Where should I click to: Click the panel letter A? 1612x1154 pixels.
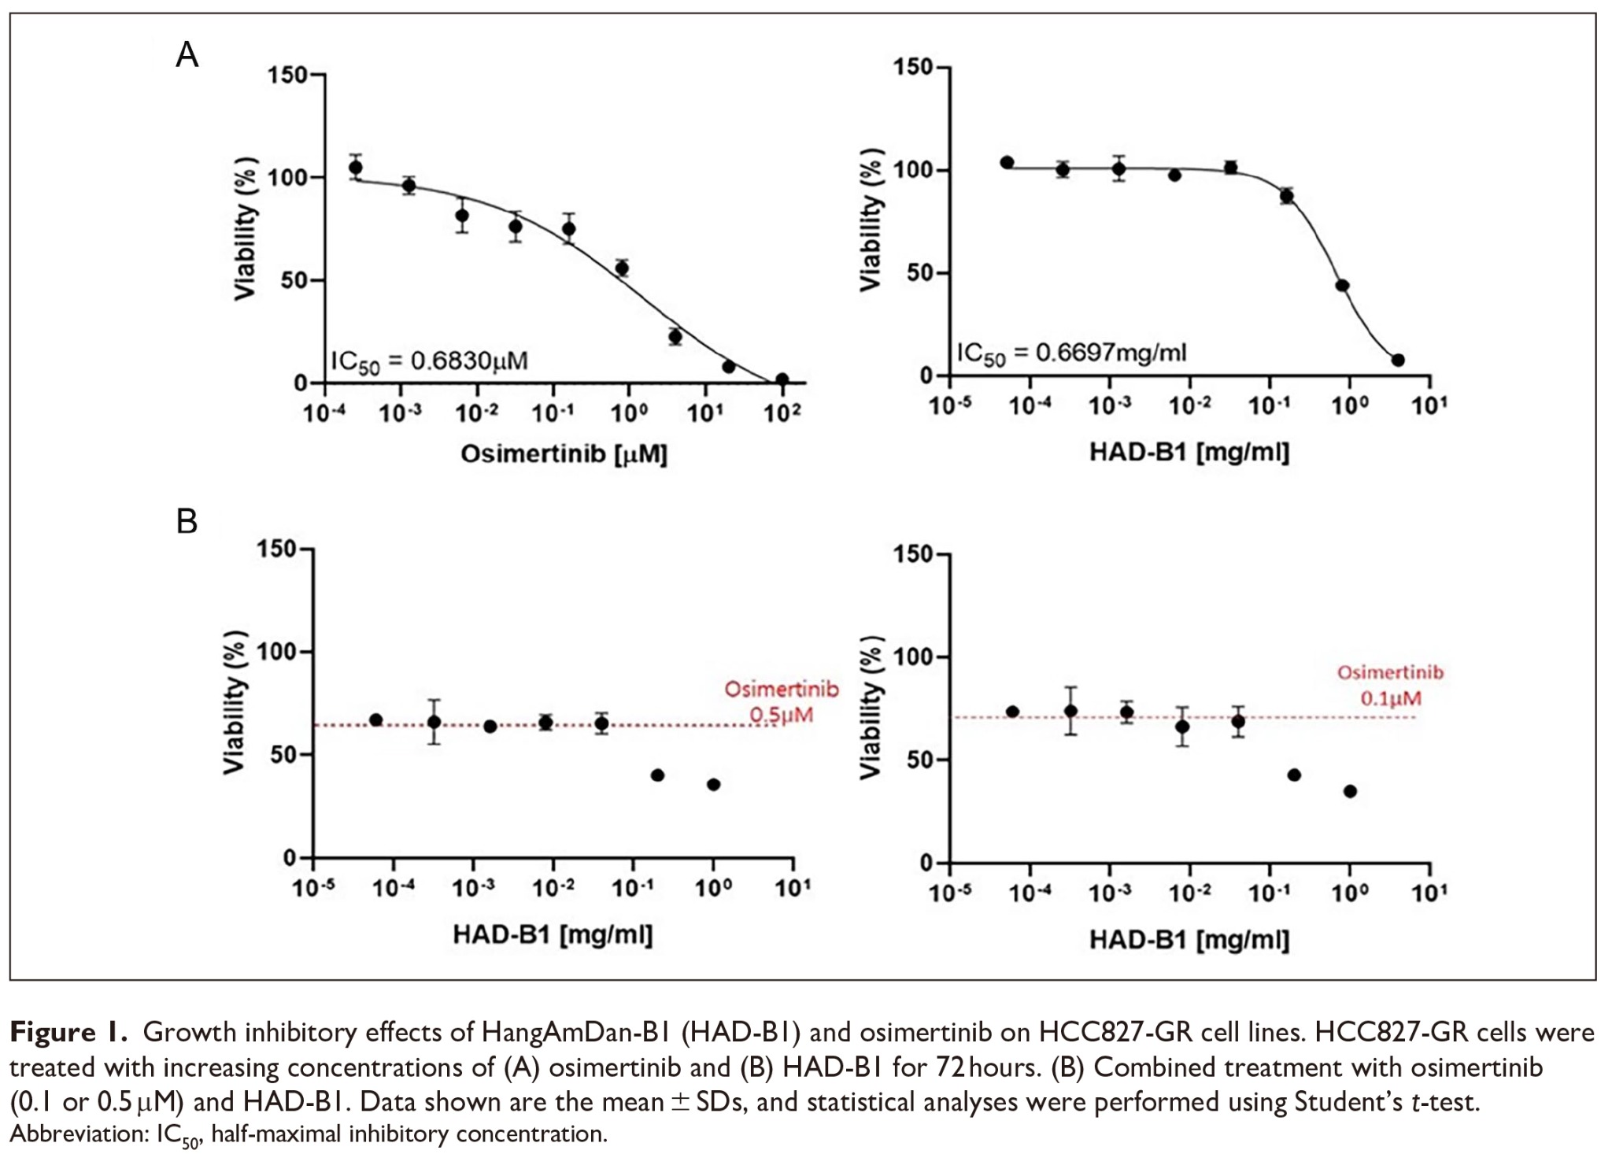tap(187, 55)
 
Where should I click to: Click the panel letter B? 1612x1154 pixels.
tap(187, 522)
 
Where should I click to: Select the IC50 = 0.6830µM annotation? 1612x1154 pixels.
tap(429, 361)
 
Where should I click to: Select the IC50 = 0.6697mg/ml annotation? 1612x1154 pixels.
tap(1071, 353)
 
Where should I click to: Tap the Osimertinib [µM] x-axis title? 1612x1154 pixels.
tap(564, 454)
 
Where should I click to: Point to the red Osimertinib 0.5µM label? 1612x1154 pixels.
tap(781, 701)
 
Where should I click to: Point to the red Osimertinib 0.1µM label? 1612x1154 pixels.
tap(1391, 685)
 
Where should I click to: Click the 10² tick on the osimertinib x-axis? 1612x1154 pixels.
tap(782, 412)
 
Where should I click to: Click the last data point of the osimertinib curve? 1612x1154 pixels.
tap(782, 379)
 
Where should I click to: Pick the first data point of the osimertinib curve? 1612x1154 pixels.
tap(356, 167)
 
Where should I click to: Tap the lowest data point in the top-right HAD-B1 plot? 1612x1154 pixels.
tap(1398, 360)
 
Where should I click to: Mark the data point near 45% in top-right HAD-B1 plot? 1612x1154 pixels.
tap(1342, 286)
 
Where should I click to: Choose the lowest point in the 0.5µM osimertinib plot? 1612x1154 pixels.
tap(713, 784)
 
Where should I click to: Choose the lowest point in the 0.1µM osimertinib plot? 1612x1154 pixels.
tap(1350, 791)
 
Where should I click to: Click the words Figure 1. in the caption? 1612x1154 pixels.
tap(68, 1032)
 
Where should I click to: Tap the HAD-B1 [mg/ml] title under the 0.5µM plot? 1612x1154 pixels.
tap(553, 934)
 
